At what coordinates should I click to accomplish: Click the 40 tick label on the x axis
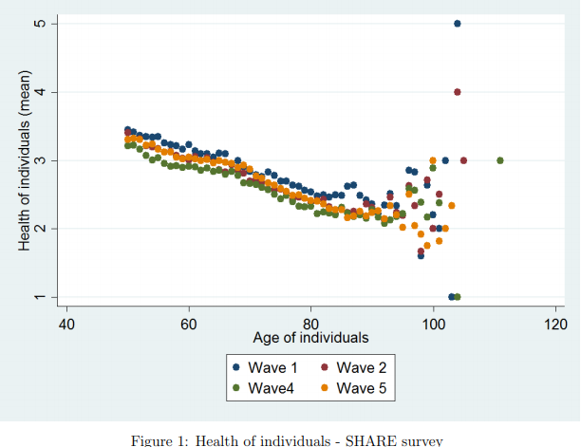[66, 325]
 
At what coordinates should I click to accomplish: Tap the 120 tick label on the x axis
[555, 325]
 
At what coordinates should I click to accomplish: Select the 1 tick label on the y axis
[42, 297]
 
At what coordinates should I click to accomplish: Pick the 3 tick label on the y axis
[42, 160]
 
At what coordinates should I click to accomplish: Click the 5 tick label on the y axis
[42, 23]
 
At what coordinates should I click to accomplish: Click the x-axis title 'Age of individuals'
[310, 338]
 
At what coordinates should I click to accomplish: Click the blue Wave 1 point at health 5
[458, 23]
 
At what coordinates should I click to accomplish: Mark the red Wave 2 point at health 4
[458, 92]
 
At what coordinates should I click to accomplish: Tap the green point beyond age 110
[500, 160]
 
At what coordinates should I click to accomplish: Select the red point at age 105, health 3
[463, 160]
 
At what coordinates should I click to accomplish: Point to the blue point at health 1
[452, 297]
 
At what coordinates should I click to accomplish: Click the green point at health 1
[458, 297]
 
